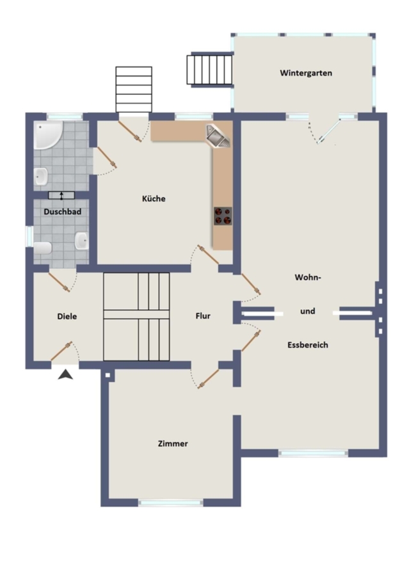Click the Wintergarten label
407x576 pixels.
306,73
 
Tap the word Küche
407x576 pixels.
154,198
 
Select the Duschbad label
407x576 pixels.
63,212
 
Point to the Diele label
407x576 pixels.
67,316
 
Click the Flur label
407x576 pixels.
203,316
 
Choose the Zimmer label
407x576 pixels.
173,444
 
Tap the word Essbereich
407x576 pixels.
307,345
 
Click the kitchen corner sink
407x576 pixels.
218,136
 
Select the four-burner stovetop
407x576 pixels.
223,216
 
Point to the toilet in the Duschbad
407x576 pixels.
43,248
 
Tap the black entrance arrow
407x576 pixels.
65,374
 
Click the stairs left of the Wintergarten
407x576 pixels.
210,70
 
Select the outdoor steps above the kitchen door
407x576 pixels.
134,89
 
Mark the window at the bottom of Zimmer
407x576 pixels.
170,502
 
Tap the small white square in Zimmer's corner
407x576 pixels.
108,376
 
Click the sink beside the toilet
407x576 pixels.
81,241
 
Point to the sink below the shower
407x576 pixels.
41,177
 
